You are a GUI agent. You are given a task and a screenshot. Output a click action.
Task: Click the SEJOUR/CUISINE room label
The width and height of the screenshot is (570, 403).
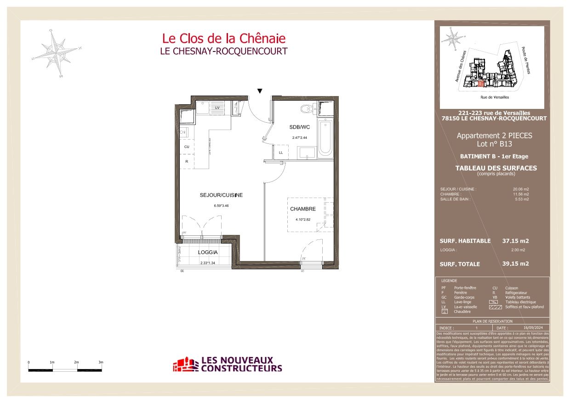click(221, 195)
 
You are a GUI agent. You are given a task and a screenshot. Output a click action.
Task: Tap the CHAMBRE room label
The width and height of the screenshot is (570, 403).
click(303, 209)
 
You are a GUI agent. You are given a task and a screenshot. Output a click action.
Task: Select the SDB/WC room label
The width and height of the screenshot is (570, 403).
click(299, 127)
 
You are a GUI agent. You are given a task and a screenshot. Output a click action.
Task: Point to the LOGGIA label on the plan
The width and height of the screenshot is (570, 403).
click(208, 252)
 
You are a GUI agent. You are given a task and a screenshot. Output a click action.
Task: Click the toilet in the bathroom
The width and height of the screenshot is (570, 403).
click(305, 109)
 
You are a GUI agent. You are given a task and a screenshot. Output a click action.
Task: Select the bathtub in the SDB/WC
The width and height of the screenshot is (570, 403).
click(326, 138)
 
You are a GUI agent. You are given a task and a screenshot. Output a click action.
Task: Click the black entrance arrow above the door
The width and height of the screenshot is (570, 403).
click(260, 91)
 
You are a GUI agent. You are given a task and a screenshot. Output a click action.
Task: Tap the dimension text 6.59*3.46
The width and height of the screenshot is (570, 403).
click(221, 206)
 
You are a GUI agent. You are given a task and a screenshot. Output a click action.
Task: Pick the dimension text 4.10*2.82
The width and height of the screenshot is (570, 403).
click(303, 220)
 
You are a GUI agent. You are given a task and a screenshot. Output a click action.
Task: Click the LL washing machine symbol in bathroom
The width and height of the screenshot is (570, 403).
click(280, 153)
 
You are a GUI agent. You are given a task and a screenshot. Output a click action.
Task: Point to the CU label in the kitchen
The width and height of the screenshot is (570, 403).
click(187, 147)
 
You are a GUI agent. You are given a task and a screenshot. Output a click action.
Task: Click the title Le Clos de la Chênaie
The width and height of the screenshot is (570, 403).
click(223, 38)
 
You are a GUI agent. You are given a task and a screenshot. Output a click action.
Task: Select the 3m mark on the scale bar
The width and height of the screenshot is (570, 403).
click(101, 363)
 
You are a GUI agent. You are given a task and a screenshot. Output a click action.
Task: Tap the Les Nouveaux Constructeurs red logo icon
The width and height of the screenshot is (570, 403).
click(185, 365)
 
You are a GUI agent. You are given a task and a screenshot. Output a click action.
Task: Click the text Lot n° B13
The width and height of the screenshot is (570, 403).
click(494, 144)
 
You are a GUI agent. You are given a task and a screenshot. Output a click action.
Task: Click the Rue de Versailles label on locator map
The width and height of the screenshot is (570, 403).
click(495, 97)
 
